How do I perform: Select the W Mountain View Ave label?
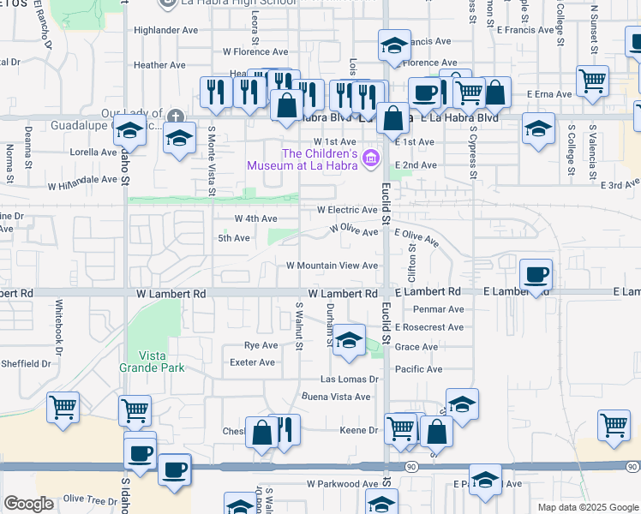coord(332,266)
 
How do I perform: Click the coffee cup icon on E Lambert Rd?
coord(536,275)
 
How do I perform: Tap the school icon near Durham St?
coord(348,341)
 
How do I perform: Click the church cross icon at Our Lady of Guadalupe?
coord(176,116)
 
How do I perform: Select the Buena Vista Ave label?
coord(336,397)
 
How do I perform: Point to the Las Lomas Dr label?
coord(349,379)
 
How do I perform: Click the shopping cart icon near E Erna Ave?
coord(593,81)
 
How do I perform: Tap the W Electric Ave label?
coord(347,210)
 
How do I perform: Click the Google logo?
coord(28,504)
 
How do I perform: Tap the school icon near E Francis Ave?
coord(393,46)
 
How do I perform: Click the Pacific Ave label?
coord(418,369)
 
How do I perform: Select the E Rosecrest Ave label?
coord(428,327)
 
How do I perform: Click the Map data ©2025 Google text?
coord(587,507)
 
